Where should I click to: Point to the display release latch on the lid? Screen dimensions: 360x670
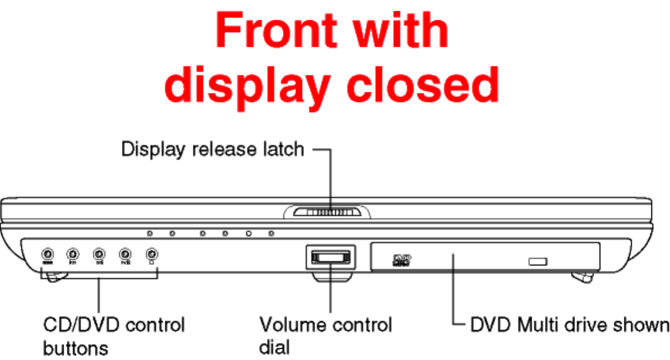pyautogui.click(x=328, y=212)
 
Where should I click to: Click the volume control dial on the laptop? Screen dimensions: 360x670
pyautogui.click(x=331, y=257)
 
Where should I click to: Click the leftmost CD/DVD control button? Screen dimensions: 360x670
pyautogui.click(x=48, y=253)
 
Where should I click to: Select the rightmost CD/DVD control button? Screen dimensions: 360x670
pyautogui.click(x=151, y=253)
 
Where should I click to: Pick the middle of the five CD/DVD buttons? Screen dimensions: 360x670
pyautogui.click(x=99, y=253)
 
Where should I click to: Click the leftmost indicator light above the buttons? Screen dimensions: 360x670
pyautogui.click(x=150, y=233)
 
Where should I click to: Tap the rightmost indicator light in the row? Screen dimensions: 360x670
pyautogui.click(x=271, y=233)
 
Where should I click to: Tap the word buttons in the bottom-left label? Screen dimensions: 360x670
pyautogui.click(x=75, y=346)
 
